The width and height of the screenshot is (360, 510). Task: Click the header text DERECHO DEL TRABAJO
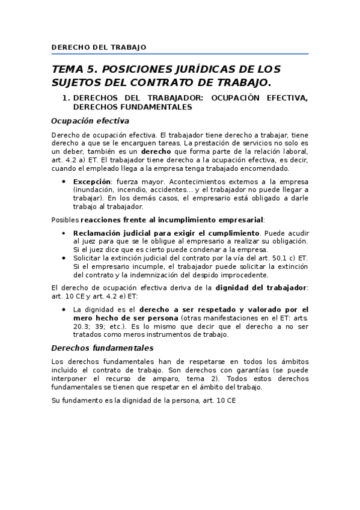tap(99, 47)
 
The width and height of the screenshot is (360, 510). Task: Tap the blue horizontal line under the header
tap(180, 54)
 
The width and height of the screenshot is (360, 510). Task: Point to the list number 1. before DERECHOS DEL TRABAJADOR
tap(67, 97)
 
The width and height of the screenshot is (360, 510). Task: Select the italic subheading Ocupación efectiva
tap(90, 120)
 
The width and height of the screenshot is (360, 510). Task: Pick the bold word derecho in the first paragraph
tap(157, 152)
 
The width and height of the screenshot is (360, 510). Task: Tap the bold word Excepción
tap(92, 181)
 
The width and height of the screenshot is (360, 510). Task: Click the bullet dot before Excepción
tap(64, 181)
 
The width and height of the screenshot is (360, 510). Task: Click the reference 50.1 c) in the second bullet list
tap(278, 257)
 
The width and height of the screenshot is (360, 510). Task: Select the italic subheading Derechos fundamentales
tap(102, 348)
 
